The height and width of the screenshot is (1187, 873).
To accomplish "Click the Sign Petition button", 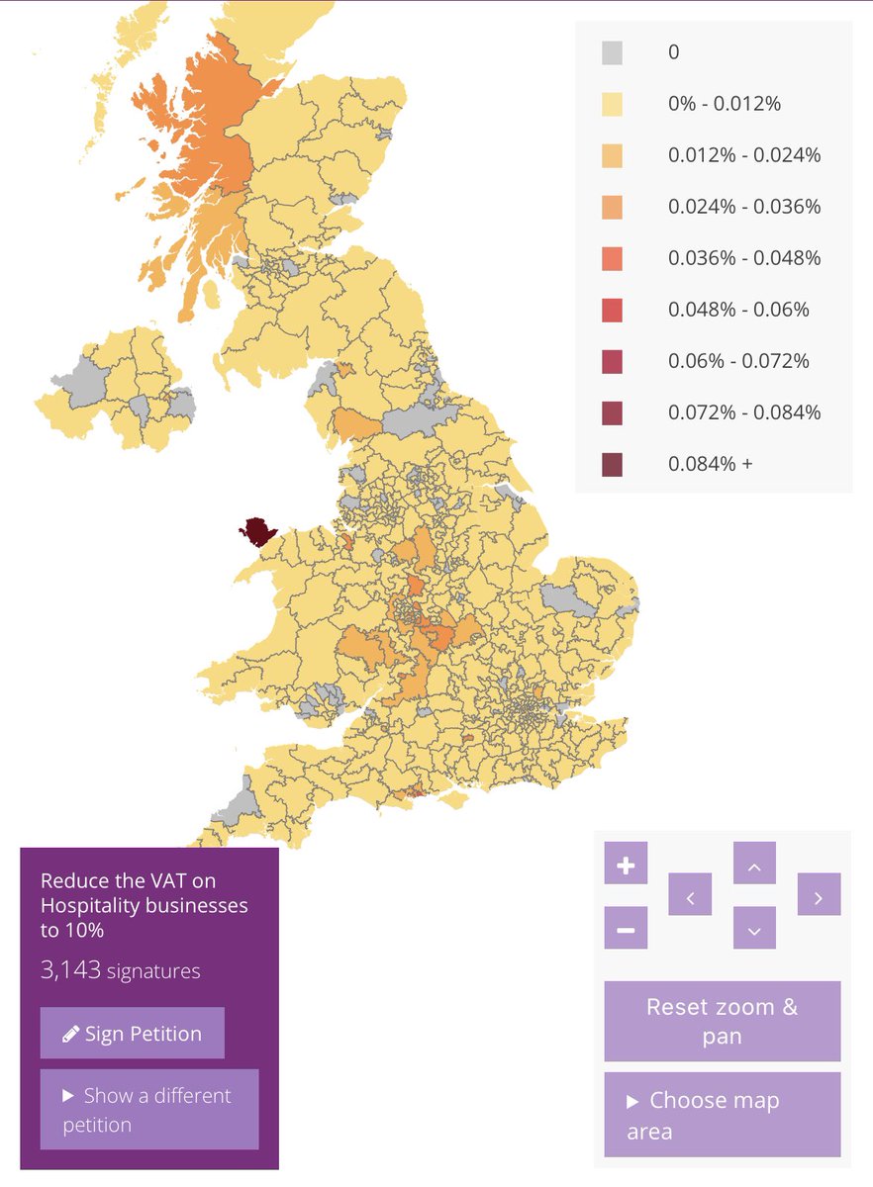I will pyautogui.click(x=133, y=1034).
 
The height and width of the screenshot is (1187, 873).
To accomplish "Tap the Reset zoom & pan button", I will pyautogui.click(x=722, y=1021).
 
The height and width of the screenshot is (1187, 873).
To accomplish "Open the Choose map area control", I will pyautogui.click(x=722, y=1115).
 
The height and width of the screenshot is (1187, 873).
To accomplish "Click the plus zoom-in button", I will pyautogui.click(x=626, y=866).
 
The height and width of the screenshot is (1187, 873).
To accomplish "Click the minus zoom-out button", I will pyautogui.click(x=626, y=929).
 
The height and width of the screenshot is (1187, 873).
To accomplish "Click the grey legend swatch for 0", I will pyautogui.click(x=613, y=52).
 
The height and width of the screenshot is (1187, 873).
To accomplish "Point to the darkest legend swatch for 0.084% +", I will pyautogui.click(x=613, y=464).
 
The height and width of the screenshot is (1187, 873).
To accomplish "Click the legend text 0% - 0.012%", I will pyautogui.click(x=725, y=104).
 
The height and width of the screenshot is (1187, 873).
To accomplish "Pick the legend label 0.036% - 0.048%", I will pyautogui.click(x=744, y=258).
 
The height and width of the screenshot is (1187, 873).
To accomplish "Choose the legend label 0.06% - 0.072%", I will pyautogui.click(x=738, y=361).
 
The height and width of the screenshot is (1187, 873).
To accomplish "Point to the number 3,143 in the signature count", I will pyautogui.click(x=71, y=970).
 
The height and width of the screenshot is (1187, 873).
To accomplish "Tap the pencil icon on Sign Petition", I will pyautogui.click(x=70, y=1035).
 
